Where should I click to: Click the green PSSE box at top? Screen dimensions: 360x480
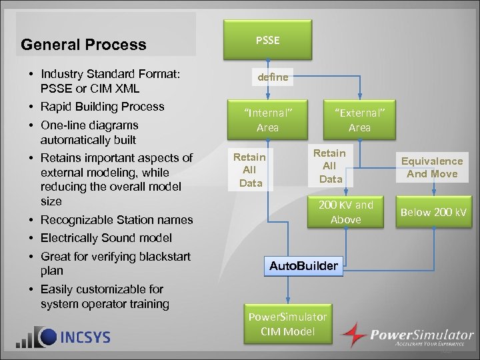click(x=267, y=41)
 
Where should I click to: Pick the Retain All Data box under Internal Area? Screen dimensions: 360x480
click(x=249, y=169)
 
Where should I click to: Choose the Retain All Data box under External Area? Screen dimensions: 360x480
click(x=330, y=166)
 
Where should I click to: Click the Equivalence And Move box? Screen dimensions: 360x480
click(x=432, y=167)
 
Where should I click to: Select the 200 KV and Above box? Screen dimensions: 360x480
click(x=345, y=212)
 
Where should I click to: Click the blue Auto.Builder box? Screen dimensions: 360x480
click(x=304, y=267)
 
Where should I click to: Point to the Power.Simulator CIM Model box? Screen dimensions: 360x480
click(x=287, y=324)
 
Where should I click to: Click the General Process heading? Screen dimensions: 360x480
click(x=83, y=45)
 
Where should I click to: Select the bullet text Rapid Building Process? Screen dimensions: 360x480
click(x=102, y=107)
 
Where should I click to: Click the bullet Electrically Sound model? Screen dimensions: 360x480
click(x=106, y=238)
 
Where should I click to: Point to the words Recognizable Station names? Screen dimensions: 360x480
click(x=117, y=220)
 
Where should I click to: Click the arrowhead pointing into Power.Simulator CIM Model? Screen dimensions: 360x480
click(x=287, y=302)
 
